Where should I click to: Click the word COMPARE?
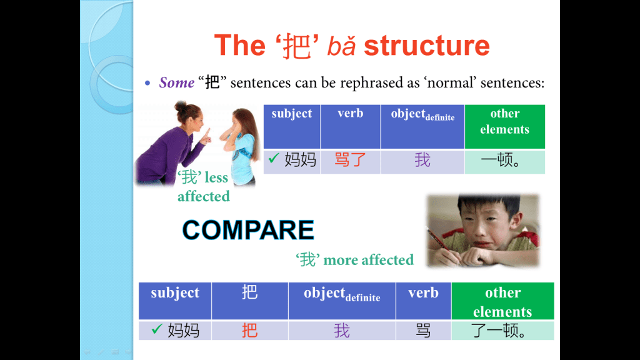click(x=248, y=230)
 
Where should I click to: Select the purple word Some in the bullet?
click(x=177, y=82)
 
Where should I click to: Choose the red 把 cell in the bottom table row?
click(x=250, y=330)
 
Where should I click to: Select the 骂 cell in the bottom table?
click(x=423, y=330)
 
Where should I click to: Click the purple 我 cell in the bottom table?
click(x=342, y=330)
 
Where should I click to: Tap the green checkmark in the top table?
click(x=274, y=157)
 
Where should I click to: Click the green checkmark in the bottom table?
click(x=157, y=329)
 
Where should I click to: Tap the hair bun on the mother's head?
click(x=181, y=106)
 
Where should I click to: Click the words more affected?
click(x=369, y=260)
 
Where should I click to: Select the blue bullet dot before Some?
click(x=147, y=83)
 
